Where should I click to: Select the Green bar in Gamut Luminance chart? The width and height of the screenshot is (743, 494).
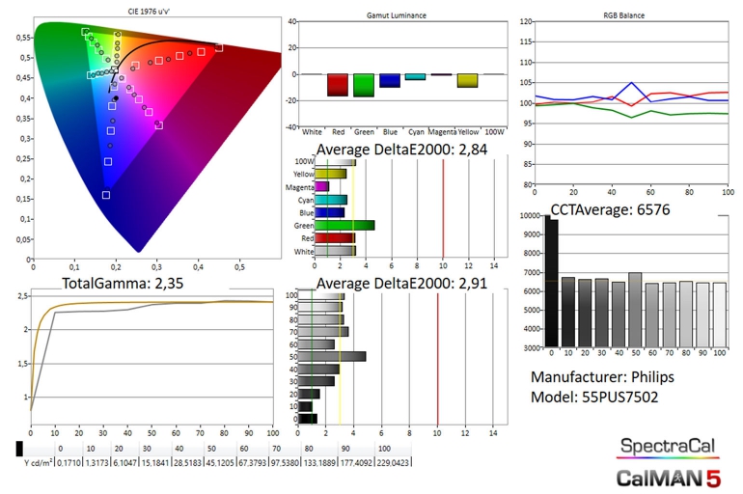[364, 85]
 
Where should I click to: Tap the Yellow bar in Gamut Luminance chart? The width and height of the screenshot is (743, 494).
[468, 80]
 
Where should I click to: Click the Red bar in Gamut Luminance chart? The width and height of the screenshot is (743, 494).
[338, 85]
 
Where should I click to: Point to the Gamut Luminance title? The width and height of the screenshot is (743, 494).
[398, 15]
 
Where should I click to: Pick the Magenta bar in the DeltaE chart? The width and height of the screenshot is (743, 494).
[322, 186]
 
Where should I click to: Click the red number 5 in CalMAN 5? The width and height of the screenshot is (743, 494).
[712, 477]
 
